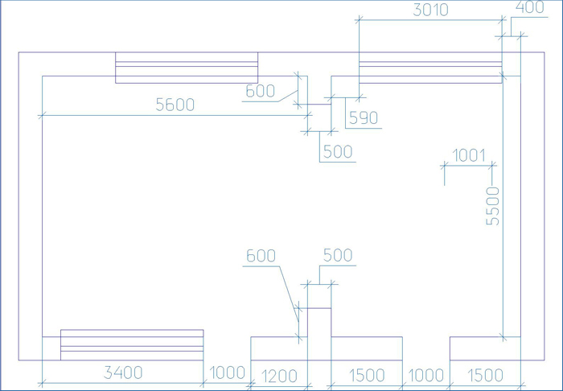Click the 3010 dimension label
tap(430, 10)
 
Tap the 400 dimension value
tap(529, 7)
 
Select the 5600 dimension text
tap(175, 105)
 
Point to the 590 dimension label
tap(364, 117)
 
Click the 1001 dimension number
tap(469, 156)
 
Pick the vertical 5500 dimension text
tap(492, 206)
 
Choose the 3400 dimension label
tap(123, 372)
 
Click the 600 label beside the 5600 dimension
tap(261, 91)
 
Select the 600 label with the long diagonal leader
tap(261, 256)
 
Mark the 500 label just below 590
tap(338, 152)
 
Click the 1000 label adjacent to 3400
tap(227, 373)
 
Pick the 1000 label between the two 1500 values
tap(426, 376)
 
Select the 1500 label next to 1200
tap(367, 376)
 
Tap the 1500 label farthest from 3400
tap(486, 376)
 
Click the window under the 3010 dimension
tap(430, 68)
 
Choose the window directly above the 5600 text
tap(187, 68)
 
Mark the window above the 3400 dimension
tap(132, 344)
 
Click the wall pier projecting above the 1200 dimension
tap(319, 334)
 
